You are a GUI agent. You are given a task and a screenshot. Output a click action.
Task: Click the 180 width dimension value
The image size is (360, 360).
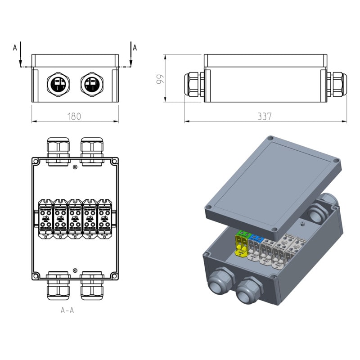pos(74,117)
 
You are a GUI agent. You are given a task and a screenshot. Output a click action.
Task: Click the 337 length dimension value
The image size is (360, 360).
pos(265,117)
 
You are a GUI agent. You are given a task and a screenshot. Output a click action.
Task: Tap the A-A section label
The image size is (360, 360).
pos(67,310)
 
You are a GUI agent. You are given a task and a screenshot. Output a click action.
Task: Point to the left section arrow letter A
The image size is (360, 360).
pos(15,47)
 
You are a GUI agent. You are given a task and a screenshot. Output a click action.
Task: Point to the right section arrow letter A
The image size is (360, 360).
pos(135,47)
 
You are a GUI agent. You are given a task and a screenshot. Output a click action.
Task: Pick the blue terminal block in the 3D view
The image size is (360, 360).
pos(256,238)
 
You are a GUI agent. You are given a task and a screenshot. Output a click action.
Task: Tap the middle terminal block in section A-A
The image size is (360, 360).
pos(75,218)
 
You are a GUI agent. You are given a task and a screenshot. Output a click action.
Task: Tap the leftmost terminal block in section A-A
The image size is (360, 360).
pos(46,218)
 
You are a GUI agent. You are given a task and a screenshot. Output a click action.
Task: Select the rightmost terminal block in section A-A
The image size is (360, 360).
pos(104,218)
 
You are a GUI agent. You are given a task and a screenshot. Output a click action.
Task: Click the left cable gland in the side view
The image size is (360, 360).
pos(193,84)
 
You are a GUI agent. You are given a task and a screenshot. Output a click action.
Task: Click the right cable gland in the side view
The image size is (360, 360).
pos(337,84)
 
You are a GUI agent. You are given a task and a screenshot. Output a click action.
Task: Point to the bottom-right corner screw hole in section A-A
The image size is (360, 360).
pos(115,275)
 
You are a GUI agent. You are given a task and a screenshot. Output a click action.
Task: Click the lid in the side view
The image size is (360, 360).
pos(265,61)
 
